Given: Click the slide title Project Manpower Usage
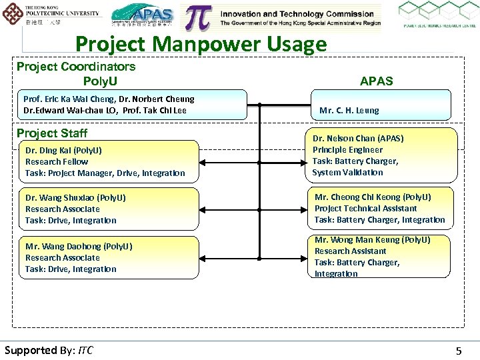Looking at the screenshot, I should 201,44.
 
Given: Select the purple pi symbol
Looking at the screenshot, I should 199,18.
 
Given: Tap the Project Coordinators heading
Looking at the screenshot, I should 76,67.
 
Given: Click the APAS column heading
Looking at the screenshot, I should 376,81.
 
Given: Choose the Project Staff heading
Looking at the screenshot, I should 52,133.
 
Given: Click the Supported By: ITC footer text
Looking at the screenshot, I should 49,350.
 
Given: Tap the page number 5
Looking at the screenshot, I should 457,350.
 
